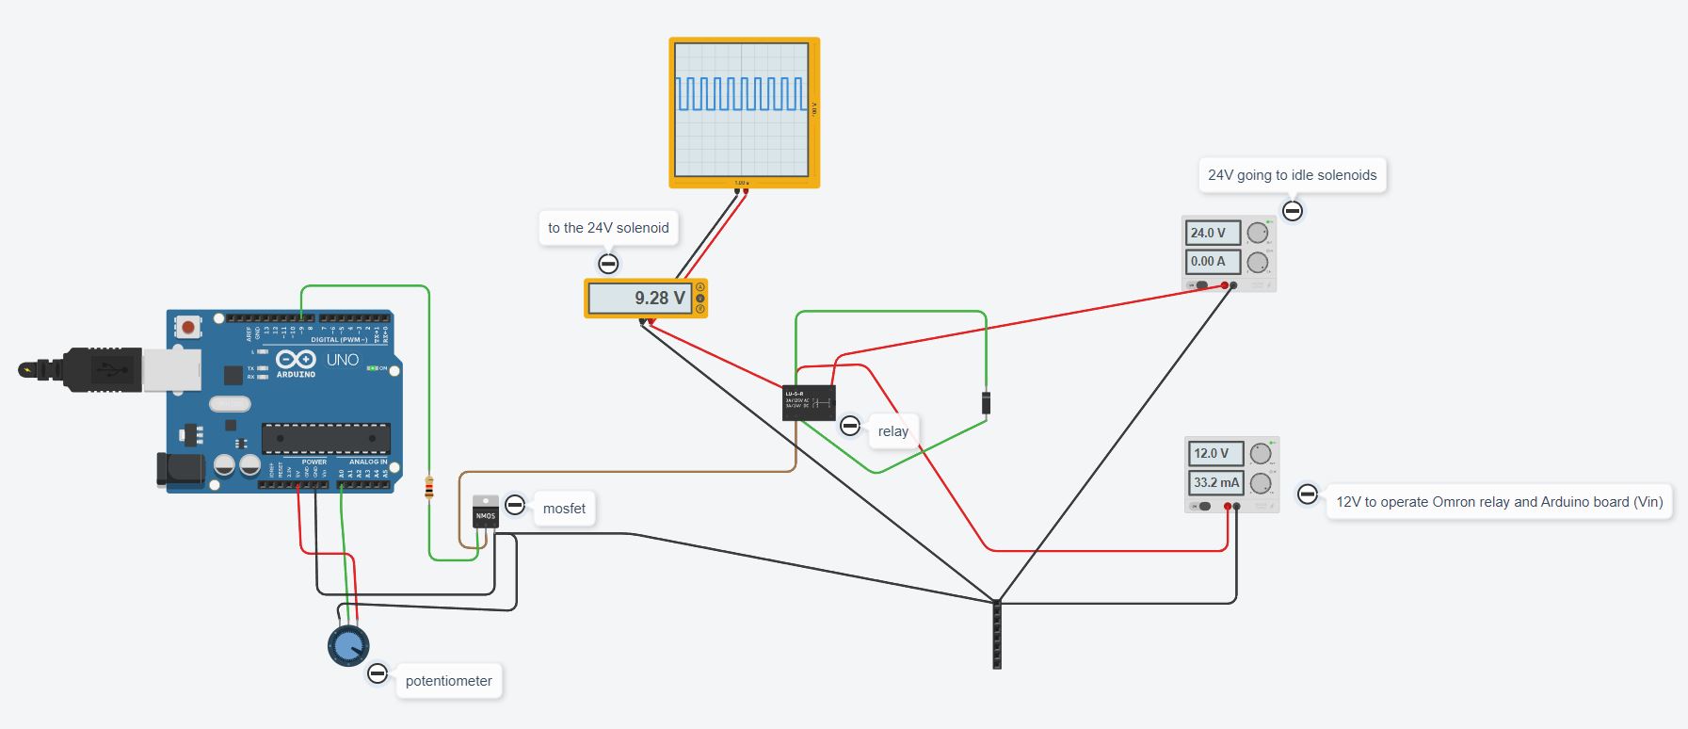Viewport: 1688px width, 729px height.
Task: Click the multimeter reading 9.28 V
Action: point(645,299)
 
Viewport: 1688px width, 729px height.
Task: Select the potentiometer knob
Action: point(347,646)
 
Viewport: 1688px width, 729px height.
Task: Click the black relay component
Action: point(809,402)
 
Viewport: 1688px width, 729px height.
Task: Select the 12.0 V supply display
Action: point(1214,453)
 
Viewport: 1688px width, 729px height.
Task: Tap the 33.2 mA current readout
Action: point(1215,482)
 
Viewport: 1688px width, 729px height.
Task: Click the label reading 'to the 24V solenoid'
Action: point(608,228)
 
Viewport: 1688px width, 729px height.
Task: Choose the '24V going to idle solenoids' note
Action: point(1292,175)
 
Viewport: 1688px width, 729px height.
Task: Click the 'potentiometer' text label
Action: point(448,681)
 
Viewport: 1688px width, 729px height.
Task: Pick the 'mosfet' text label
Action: point(564,509)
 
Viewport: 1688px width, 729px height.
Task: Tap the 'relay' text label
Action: point(892,431)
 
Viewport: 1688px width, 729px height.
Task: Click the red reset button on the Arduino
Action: point(188,328)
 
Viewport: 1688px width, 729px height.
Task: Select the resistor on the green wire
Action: point(429,487)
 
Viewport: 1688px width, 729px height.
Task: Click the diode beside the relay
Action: point(986,402)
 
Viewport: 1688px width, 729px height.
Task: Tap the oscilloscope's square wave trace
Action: point(742,94)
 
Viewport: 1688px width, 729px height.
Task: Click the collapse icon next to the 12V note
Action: point(1307,494)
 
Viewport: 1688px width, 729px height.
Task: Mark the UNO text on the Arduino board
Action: point(343,360)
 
